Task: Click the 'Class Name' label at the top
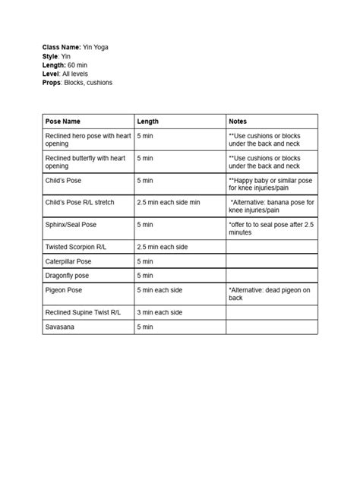coord(62,47)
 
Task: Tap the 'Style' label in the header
coord(51,56)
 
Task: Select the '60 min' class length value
coord(78,65)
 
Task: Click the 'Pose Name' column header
coord(63,122)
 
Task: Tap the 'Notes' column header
coord(238,122)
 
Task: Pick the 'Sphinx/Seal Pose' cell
coord(71,225)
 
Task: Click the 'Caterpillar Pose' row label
coord(68,261)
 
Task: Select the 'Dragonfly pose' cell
coord(68,276)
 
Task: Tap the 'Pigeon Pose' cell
coord(63,290)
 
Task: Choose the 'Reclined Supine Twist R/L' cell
coord(83,312)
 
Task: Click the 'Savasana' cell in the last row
coord(60,327)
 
